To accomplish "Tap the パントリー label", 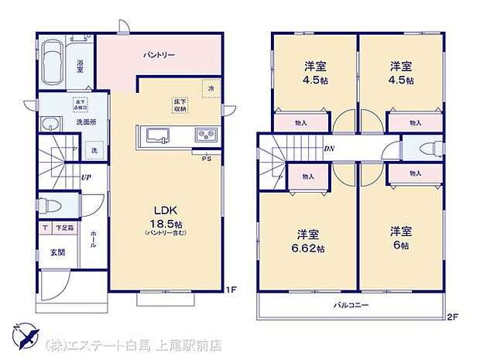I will click(158, 56).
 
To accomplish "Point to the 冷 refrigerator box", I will click(209, 89).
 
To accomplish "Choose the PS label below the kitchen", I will click(205, 159).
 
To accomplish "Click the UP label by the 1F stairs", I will click(87, 177).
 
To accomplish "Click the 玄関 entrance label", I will click(58, 252).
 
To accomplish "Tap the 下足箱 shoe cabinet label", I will click(64, 228).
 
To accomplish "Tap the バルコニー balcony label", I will click(351, 306).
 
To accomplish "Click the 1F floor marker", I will click(230, 290).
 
